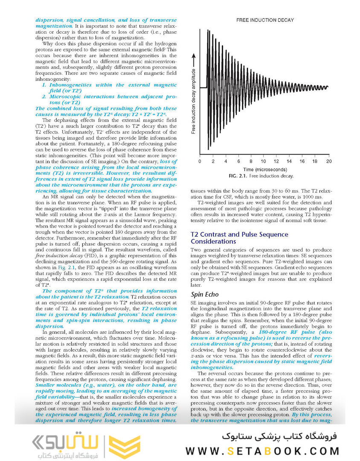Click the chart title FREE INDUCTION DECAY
(265, 20)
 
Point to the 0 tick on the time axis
(200, 161)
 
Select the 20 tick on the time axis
(328, 161)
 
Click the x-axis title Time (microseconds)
(264, 169)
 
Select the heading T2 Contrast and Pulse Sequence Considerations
(239, 238)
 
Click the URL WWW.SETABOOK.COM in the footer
(262, 451)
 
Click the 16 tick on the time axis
(302, 161)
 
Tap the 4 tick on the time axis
(225, 161)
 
